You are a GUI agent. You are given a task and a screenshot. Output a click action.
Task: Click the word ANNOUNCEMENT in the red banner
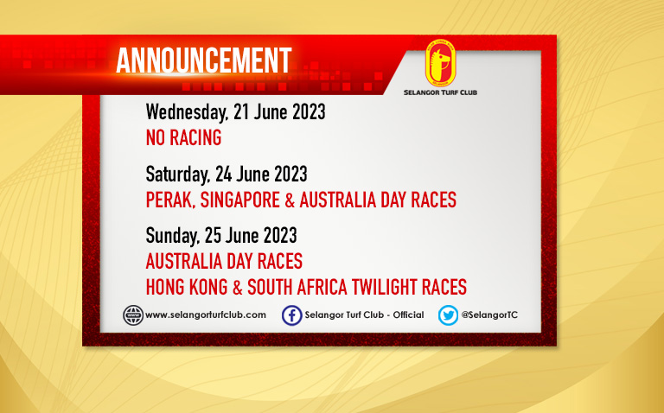coord(204,60)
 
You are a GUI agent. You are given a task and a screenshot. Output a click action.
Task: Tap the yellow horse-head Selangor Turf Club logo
coord(440,63)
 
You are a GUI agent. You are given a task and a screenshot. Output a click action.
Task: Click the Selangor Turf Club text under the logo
coord(440,92)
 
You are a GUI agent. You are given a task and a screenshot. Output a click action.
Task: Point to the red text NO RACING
coord(183,138)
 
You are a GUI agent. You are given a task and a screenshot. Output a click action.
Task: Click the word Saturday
coord(178,175)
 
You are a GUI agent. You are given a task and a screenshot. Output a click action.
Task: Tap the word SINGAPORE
coord(240,200)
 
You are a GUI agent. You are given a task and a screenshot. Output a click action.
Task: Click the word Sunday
coord(172,236)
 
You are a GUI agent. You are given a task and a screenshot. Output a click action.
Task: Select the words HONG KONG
coord(187,288)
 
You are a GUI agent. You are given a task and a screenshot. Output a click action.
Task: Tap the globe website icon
coord(133,315)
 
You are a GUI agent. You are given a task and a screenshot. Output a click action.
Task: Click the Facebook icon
coord(292,315)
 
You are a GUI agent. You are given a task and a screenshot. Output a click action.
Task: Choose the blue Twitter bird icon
coord(448,315)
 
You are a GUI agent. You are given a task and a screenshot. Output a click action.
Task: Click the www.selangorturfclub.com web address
coord(206,315)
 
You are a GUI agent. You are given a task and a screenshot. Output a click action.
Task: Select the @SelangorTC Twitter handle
coord(489,315)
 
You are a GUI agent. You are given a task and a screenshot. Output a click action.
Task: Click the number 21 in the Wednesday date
coord(240,112)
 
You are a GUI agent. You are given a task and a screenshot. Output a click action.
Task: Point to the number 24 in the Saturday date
coord(223,175)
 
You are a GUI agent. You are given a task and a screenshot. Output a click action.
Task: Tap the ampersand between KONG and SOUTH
coord(238,288)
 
